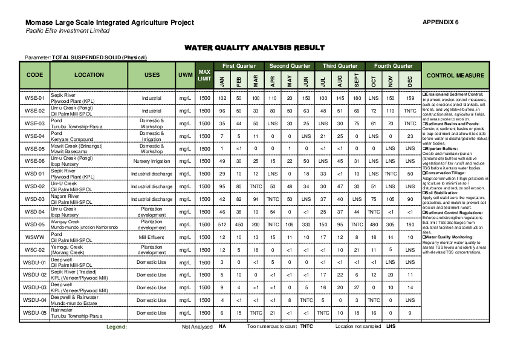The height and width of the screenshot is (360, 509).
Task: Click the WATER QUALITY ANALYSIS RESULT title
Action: click(254, 48)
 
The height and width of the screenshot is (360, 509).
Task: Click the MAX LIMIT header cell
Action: click(205, 76)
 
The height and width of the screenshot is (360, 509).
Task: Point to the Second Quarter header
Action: click(290, 65)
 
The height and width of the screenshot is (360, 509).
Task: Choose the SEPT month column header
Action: click(357, 80)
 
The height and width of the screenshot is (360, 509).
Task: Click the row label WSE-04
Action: click(34, 136)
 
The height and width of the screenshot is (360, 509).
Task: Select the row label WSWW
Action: click(34, 237)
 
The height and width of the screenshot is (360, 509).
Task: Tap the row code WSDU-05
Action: click(34, 313)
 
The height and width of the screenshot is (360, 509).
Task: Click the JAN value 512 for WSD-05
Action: click(222, 224)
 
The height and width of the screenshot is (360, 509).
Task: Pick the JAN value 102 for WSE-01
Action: click(222, 98)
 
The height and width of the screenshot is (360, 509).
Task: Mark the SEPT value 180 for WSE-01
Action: click(357, 98)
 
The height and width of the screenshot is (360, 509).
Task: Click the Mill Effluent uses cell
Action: click(151, 237)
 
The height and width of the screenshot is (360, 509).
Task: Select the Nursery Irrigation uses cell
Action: click(151, 161)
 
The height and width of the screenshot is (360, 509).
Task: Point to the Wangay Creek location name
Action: click(65, 221)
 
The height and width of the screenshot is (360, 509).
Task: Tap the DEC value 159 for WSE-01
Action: click(410, 98)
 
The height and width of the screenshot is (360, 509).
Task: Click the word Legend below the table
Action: click(117, 327)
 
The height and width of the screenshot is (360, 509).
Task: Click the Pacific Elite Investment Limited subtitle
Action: click(68, 31)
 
